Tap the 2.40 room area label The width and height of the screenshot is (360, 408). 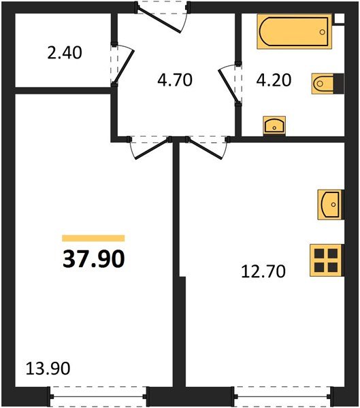(x=66, y=52)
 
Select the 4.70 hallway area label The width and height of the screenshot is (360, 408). (x=175, y=80)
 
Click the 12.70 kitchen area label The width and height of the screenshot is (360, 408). (x=262, y=272)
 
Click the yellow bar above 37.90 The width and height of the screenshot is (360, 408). (x=93, y=238)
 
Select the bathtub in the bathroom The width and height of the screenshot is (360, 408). (x=293, y=33)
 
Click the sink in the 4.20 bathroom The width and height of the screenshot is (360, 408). (x=274, y=124)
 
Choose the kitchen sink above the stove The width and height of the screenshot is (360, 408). (x=328, y=204)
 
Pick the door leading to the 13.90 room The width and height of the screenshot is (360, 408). (x=148, y=146)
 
